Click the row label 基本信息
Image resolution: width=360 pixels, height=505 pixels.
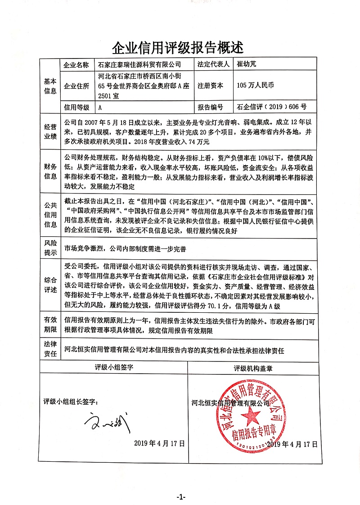coord(50,86)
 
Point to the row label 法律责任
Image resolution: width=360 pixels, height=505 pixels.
coord(50,349)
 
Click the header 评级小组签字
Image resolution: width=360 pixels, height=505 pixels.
coord(114,367)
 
